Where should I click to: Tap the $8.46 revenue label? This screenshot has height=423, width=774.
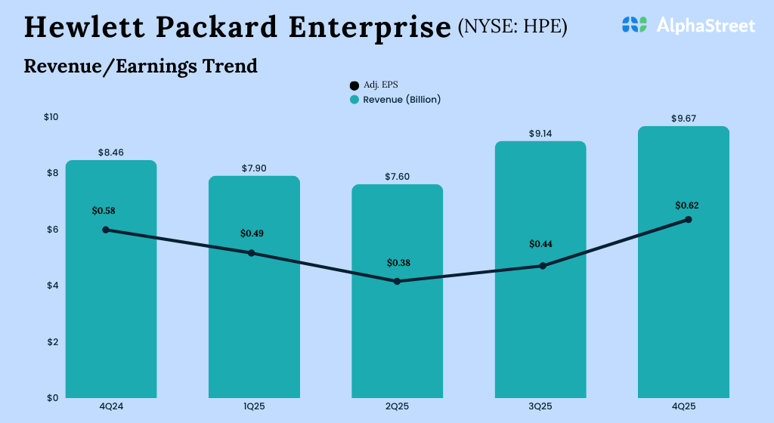point(111,153)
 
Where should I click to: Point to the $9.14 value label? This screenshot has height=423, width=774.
point(540,134)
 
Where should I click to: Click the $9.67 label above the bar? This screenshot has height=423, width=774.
point(683,119)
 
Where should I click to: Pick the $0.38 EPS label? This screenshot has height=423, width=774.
point(398,263)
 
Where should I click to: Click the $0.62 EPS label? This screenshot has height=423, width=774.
point(688,205)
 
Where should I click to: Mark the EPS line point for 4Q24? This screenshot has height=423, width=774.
point(106,230)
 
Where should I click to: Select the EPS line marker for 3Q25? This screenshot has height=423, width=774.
point(543,266)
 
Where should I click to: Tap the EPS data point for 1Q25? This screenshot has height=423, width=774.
point(252,253)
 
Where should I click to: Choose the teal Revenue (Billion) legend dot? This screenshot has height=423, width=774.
point(354,100)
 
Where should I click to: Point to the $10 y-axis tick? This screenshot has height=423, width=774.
point(51,117)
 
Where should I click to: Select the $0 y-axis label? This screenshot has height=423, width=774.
point(51,397)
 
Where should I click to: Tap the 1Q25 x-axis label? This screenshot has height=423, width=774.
point(254,406)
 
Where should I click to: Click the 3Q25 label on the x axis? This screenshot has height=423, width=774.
point(540,406)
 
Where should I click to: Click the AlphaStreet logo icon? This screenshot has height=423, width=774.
point(634,26)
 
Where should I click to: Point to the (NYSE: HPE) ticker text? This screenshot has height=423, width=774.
point(512,28)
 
